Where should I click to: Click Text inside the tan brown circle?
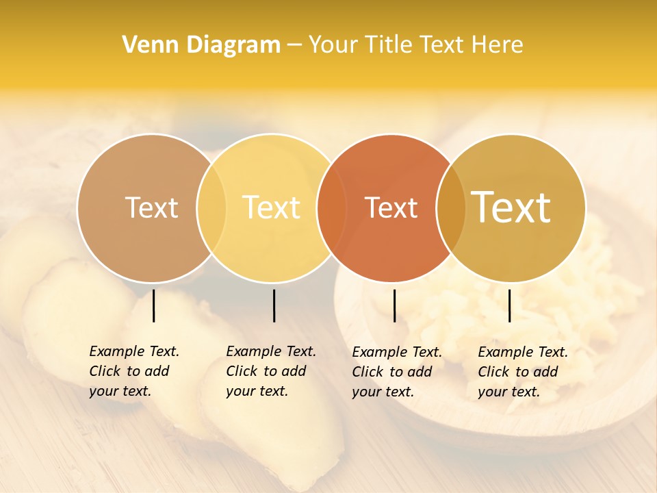[151, 207]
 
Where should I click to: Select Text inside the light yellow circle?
[272, 207]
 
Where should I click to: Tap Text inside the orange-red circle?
[391, 207]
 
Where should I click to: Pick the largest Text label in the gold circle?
[511, 207]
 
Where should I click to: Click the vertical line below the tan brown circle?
[154, 305]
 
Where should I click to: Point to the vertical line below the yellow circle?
[274, 305]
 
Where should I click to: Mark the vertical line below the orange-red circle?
[395, 305]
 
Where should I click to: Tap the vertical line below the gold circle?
[510, 305]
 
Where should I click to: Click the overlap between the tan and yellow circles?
[211, 207]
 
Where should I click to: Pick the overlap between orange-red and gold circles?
[451, 207]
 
